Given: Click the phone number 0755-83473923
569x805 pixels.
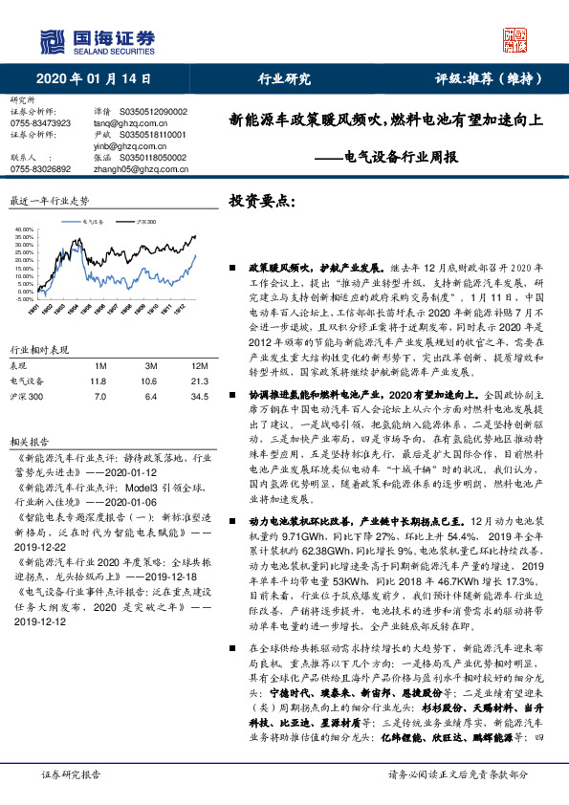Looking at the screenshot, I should point(40,123).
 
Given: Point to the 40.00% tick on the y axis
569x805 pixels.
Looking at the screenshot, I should point(26,230).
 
